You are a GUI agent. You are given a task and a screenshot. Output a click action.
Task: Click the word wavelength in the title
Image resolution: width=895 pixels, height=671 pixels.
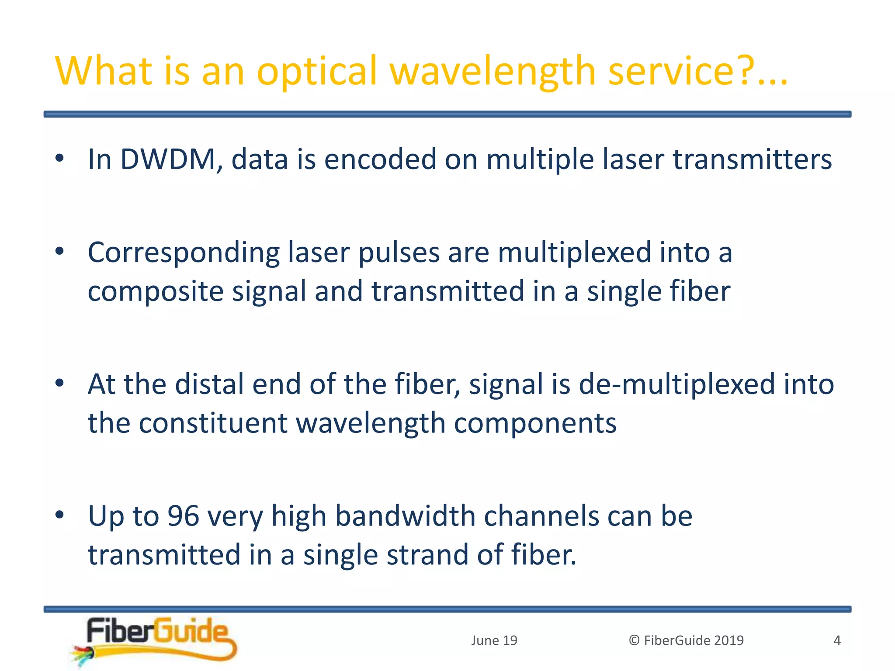493,71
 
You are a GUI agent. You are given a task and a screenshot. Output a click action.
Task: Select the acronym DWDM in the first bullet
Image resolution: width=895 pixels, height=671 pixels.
168,159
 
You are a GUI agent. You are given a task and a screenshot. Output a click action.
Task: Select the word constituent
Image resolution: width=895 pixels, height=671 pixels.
213,423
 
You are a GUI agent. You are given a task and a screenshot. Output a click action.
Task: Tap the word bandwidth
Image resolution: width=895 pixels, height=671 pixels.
405,516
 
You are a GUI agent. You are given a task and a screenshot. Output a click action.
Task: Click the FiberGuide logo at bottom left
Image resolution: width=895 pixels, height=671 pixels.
155,640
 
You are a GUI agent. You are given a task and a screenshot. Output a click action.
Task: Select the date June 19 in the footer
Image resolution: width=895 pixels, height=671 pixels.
494,640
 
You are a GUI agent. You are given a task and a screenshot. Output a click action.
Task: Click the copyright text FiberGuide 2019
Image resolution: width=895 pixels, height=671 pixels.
686,640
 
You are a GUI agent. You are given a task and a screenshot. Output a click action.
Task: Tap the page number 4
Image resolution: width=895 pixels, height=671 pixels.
837,640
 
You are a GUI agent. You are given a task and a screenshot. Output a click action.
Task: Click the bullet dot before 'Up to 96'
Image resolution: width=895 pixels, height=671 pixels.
60,514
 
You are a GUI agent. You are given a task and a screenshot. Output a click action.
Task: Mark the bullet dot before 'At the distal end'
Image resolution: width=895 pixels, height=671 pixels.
60,383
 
